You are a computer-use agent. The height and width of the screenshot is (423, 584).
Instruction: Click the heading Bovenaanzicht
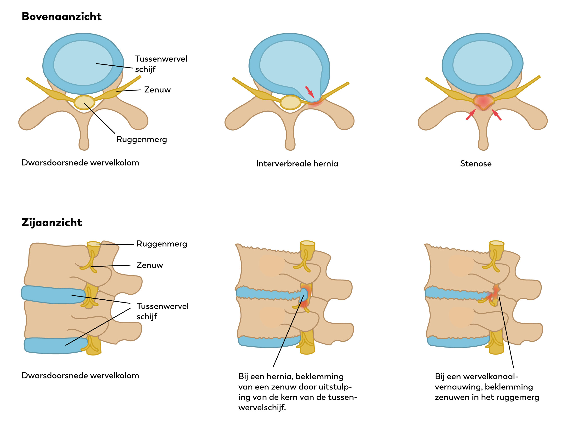(62, 17)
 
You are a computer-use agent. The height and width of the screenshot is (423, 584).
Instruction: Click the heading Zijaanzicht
(52, 223)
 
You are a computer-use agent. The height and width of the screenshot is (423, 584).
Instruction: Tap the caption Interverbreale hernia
(297, 164)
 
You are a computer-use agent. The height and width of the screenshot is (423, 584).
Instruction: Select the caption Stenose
(476, 164)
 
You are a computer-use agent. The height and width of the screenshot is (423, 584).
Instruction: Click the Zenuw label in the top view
(157, 90)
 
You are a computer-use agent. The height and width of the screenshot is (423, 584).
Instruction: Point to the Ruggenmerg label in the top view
(142, 139)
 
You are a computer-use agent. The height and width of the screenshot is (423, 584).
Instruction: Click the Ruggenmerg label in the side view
(162, 244)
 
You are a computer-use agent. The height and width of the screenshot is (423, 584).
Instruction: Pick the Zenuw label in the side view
(150, 265)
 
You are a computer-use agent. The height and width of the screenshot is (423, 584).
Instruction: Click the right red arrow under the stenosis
(496, 115)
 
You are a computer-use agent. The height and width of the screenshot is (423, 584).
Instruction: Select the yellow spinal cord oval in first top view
(84, 103)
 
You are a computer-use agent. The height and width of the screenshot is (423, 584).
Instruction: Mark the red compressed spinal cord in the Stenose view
(483, 102)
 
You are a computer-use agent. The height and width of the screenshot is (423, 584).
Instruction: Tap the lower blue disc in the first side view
(55, 345)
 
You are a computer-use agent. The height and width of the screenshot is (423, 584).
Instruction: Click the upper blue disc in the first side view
(53, 294)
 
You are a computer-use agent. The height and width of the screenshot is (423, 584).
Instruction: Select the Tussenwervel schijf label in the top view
(161, 64)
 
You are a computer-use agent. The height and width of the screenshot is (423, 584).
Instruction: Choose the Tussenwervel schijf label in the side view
(162, 311)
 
